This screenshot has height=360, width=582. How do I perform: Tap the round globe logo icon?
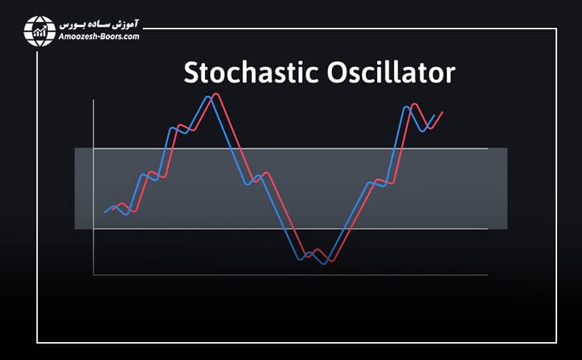pyautogui.click(x=40, y=30)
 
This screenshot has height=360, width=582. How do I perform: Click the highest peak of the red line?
pyautogui.click(x=216, y=94)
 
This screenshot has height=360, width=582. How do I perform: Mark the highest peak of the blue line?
pyautogui.click(x=208, y=96)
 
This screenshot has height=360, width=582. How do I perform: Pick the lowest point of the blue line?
pyautogui.click(x=324, y=264)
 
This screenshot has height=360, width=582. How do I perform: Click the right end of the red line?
pyautogui.click(x=443, y=112)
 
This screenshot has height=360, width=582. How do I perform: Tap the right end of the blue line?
pyautogui.click(x=435, y=115)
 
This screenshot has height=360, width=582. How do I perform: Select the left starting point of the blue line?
pyautogui.click(x=105, y=212)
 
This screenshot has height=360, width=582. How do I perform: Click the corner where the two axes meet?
pyautogui.click(x=94, y=275)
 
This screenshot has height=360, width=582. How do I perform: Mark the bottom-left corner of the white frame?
pyautogui.click(x=37, y=343)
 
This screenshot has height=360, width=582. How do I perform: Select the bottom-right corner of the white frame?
pyautogui.click(x=556, y=343)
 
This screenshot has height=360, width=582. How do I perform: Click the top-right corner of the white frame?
pyautogui.click(x=556, y=29)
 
